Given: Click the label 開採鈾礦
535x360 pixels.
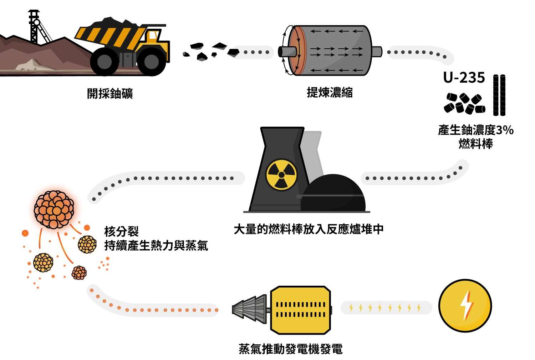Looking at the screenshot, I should coord(110,94).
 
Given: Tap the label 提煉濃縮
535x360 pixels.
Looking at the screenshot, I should coord(330,92).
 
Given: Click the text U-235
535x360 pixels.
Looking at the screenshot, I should coord(464,78).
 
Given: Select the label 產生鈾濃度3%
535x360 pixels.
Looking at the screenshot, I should coord(475,130).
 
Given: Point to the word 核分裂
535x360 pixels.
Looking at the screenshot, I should coord(121,231).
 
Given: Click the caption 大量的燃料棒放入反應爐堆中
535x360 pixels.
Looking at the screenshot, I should coord(309,229).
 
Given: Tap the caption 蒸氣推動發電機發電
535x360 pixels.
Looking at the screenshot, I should coord(290,349).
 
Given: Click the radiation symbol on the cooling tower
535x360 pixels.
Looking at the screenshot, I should coord(281,175).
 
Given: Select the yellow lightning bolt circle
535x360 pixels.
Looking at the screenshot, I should coord(465,306).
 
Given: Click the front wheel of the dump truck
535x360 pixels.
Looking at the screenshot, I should coord(151,61).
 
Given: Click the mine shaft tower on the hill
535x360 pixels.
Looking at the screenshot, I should coord(35,27).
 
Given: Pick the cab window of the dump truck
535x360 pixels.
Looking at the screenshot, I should coord(153,36).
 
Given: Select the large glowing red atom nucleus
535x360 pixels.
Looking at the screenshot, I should coord(54,209).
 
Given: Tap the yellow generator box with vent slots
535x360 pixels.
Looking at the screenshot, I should coord(300,309).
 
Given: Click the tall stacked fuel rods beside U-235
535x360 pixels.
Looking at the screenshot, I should coord(499,95).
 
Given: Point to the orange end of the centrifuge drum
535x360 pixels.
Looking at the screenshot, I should coord(293,51).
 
